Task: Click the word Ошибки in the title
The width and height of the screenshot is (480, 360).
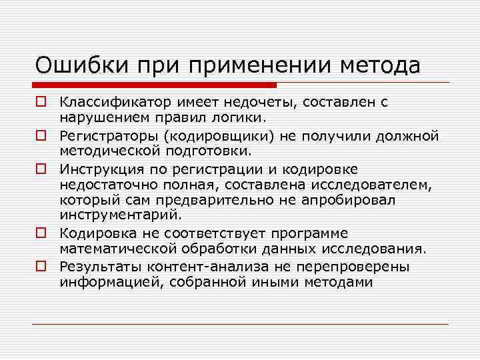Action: point(77,66)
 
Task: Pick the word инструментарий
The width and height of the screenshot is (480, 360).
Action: point(120,216)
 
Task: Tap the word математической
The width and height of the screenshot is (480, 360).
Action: point(117,249)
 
